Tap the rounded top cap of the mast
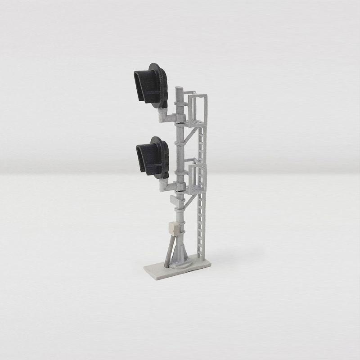click(179, 90)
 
